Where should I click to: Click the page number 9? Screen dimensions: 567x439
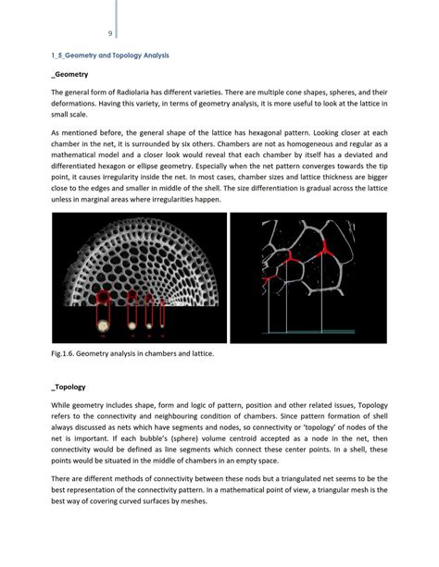coord(110,34)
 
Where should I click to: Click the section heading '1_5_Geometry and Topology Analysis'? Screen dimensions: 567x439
coord(110,55)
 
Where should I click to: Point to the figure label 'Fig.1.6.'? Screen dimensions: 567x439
coord(65,352)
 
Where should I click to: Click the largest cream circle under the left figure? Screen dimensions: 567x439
coord(101,324)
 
